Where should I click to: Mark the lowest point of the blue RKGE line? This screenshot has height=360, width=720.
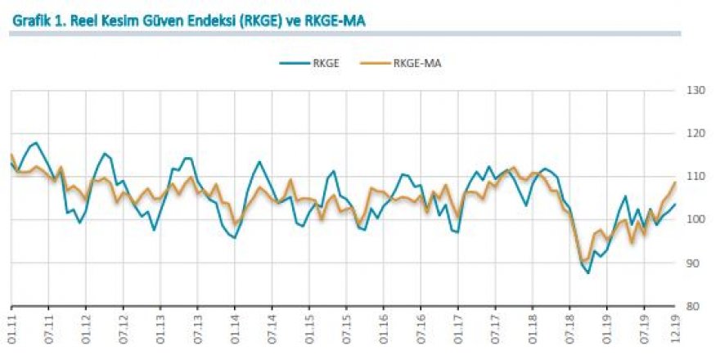click(587, 272)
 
